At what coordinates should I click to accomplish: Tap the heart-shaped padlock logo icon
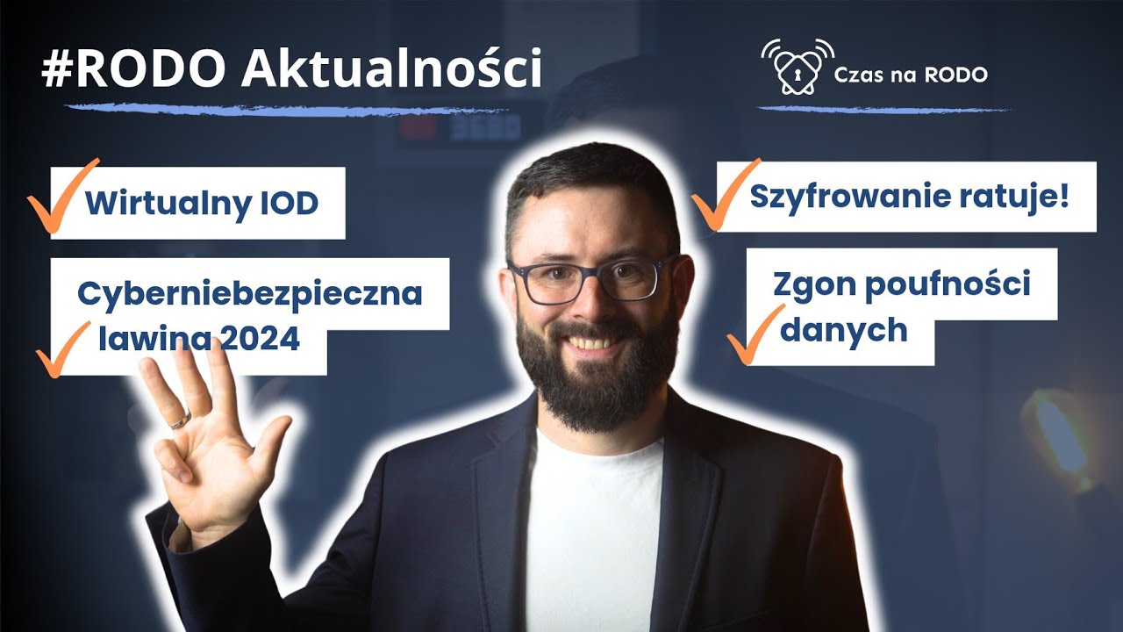click(x=797, y=68)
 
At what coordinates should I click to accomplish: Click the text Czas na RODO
click(x=912, y=75)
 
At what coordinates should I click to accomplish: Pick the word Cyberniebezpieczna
click(x=250, y=294)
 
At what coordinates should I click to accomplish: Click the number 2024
click(x=261, y=339)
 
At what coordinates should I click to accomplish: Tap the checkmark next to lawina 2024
click(x=63, y=349)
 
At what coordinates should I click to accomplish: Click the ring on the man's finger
click(x=180, y=419)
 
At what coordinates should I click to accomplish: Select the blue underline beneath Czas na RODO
click(x=883, y=109)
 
